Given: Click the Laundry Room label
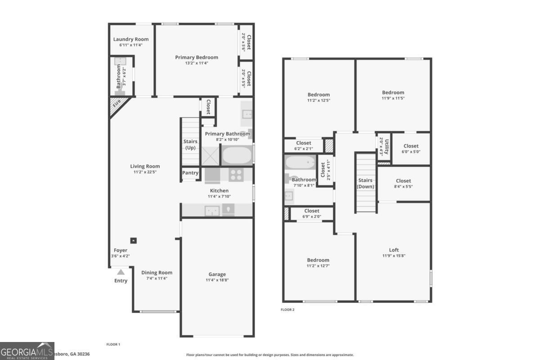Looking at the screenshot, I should tap(130, 39).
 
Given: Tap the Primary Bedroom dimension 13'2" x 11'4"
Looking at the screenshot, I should tap(196, 63).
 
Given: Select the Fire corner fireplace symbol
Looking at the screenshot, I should tap(117, 104).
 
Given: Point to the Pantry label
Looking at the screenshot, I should tap(190, 173).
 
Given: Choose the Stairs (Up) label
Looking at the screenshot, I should tap(190, 144).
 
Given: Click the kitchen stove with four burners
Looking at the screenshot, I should tap(236, 175).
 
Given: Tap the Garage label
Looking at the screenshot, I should tap(217, 274).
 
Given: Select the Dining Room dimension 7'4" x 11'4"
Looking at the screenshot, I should tap(157, 279).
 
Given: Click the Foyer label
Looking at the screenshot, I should tap(120, 250).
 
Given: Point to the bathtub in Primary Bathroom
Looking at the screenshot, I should tap(237, 156).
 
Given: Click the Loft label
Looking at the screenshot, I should tap(394, 250).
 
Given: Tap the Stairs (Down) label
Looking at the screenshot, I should tap(366, 183).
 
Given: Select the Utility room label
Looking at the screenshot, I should tap(387, 146).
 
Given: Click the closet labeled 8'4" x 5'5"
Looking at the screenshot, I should tap(403, 184).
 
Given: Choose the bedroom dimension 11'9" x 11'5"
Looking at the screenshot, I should tap(393, 99).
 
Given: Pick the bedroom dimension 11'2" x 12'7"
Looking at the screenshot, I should tap(318, 266).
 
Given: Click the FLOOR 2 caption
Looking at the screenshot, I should tap(287, 310).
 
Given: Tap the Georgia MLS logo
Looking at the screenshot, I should tap(27, 351).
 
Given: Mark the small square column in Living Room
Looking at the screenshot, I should tap(133, 240).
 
